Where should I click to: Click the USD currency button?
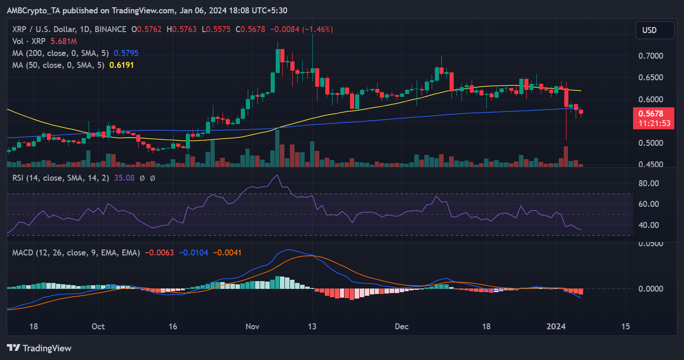pos(655,30)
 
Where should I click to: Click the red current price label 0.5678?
pos(654,114)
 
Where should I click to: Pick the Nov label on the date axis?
pos(252,327)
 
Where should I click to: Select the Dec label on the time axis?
pos(401,327)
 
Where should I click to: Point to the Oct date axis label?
pos(98,327)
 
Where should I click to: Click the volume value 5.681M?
pos(66,41)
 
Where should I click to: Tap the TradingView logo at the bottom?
pos(39,348)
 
